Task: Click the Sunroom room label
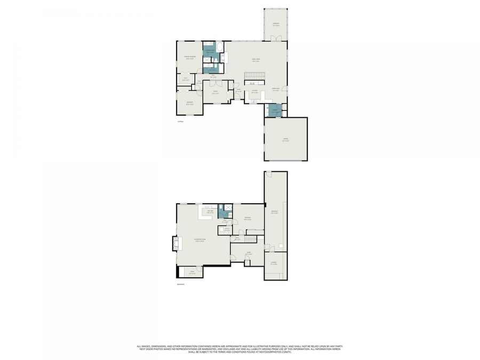[276, 23]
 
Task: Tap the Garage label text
[285, 140]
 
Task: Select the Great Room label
[256, 60]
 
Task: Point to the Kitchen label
[255, 91]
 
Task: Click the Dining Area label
[276, 89]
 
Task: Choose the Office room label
[215, 92]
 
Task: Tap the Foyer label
[238, 90]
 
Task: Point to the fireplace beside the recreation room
[173, 243]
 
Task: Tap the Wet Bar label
[211, 212]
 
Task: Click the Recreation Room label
[200, 240]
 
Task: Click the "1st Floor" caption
[180, 122]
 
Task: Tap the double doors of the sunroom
[276, 38]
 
